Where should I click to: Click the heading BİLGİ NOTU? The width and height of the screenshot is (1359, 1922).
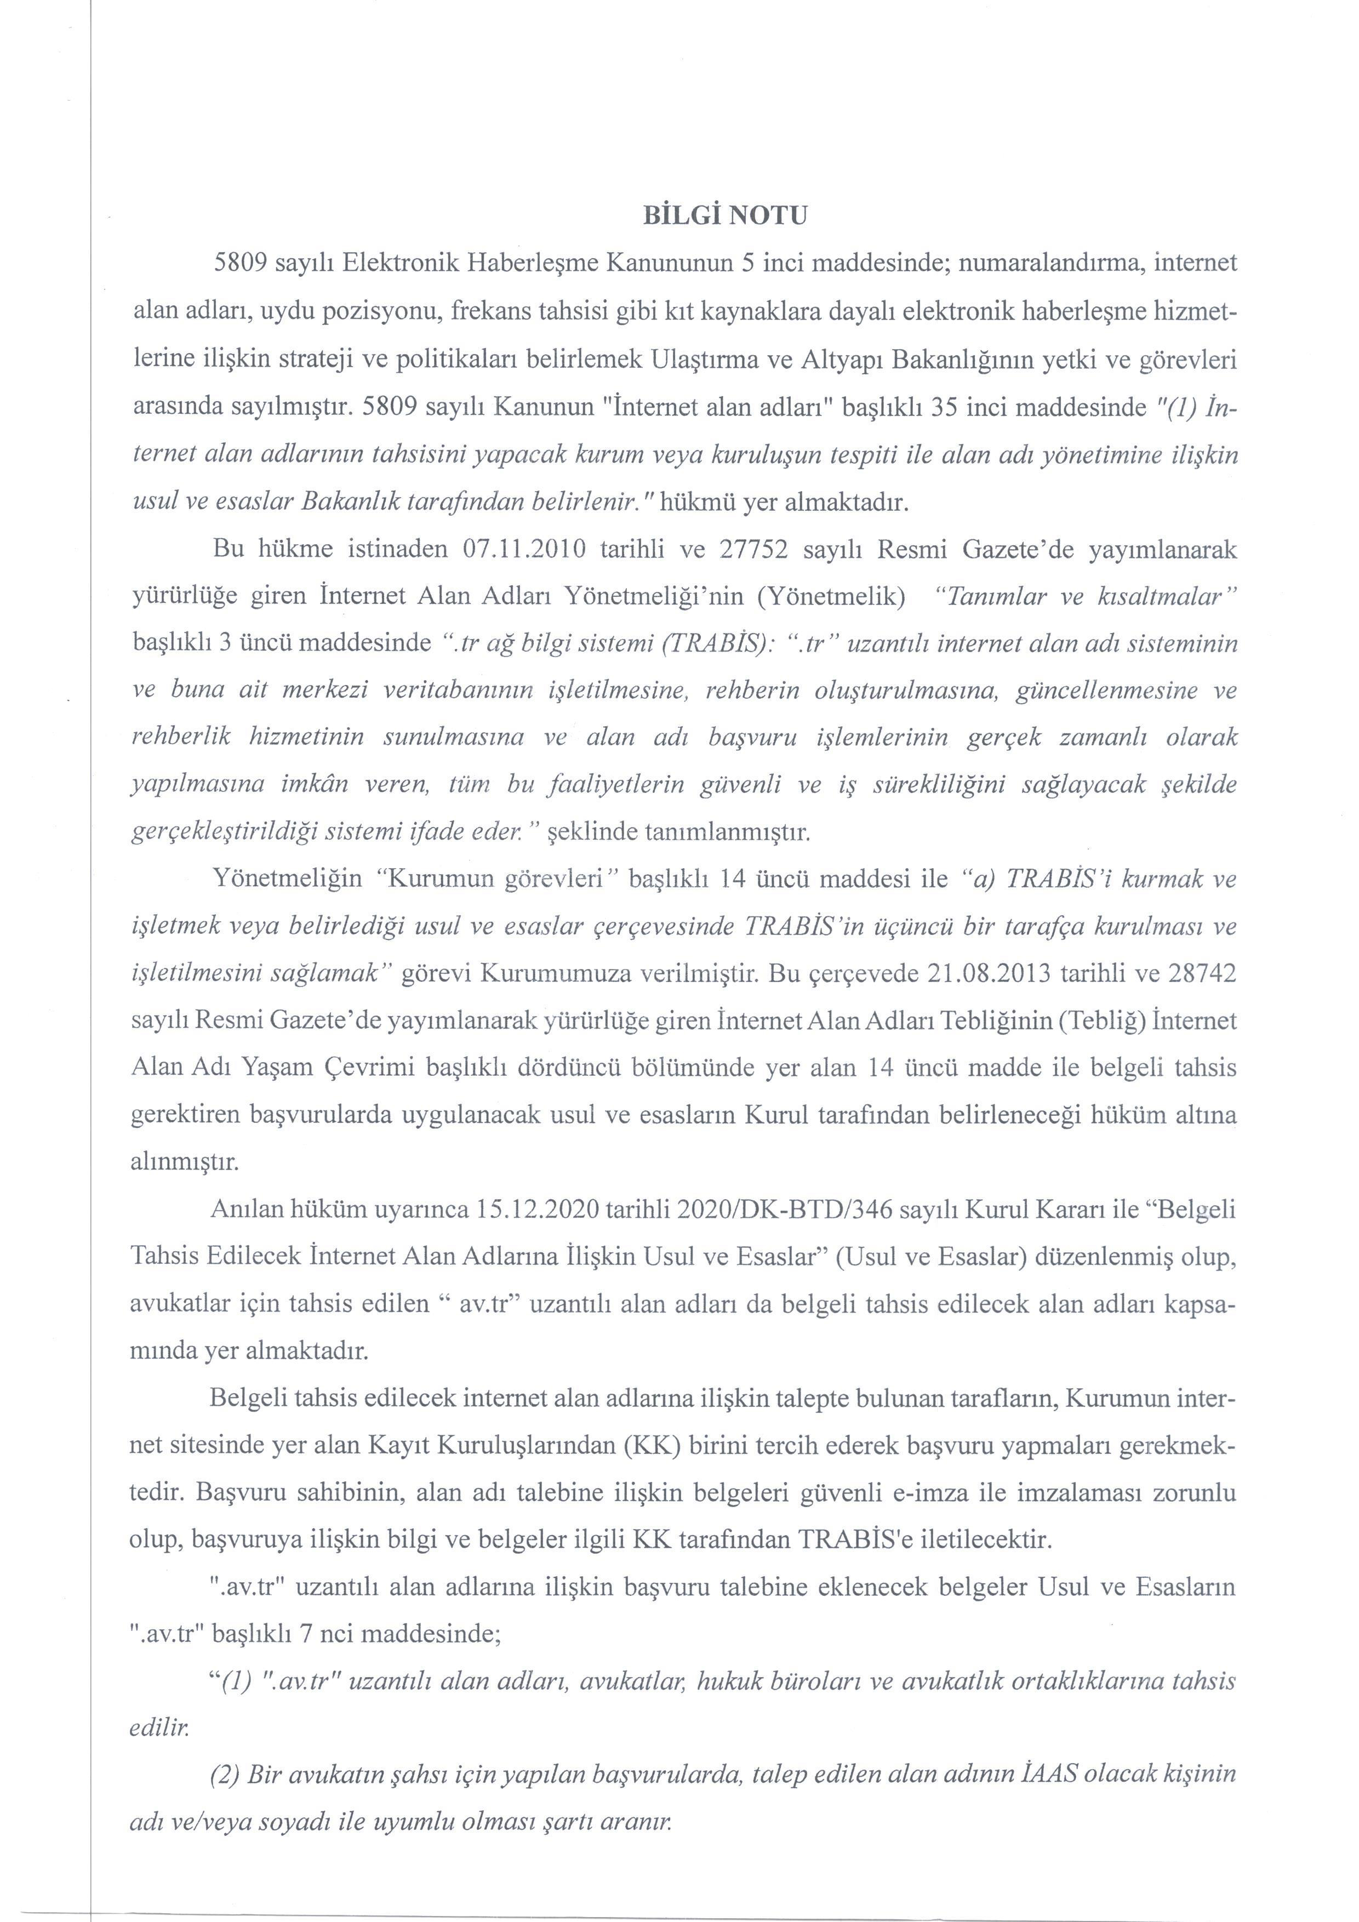pyautogui.click(x=724, y=216)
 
